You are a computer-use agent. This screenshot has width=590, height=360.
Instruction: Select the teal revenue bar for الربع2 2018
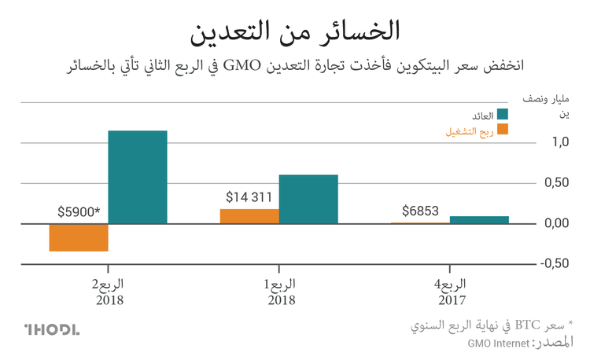[138, 177]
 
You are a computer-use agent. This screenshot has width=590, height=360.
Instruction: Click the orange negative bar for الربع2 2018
[79, 237]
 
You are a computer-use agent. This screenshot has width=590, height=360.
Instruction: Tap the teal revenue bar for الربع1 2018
[308, 199]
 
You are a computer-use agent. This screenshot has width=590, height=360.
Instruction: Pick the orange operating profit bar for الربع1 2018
[249, 215]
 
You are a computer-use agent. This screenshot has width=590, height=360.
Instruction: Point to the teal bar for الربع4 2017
[479, 219]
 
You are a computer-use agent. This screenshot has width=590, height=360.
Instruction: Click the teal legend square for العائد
[499, 116]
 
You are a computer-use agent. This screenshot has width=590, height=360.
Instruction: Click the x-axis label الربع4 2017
[451, 291]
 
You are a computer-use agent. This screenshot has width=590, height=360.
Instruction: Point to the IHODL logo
[51, 329]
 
